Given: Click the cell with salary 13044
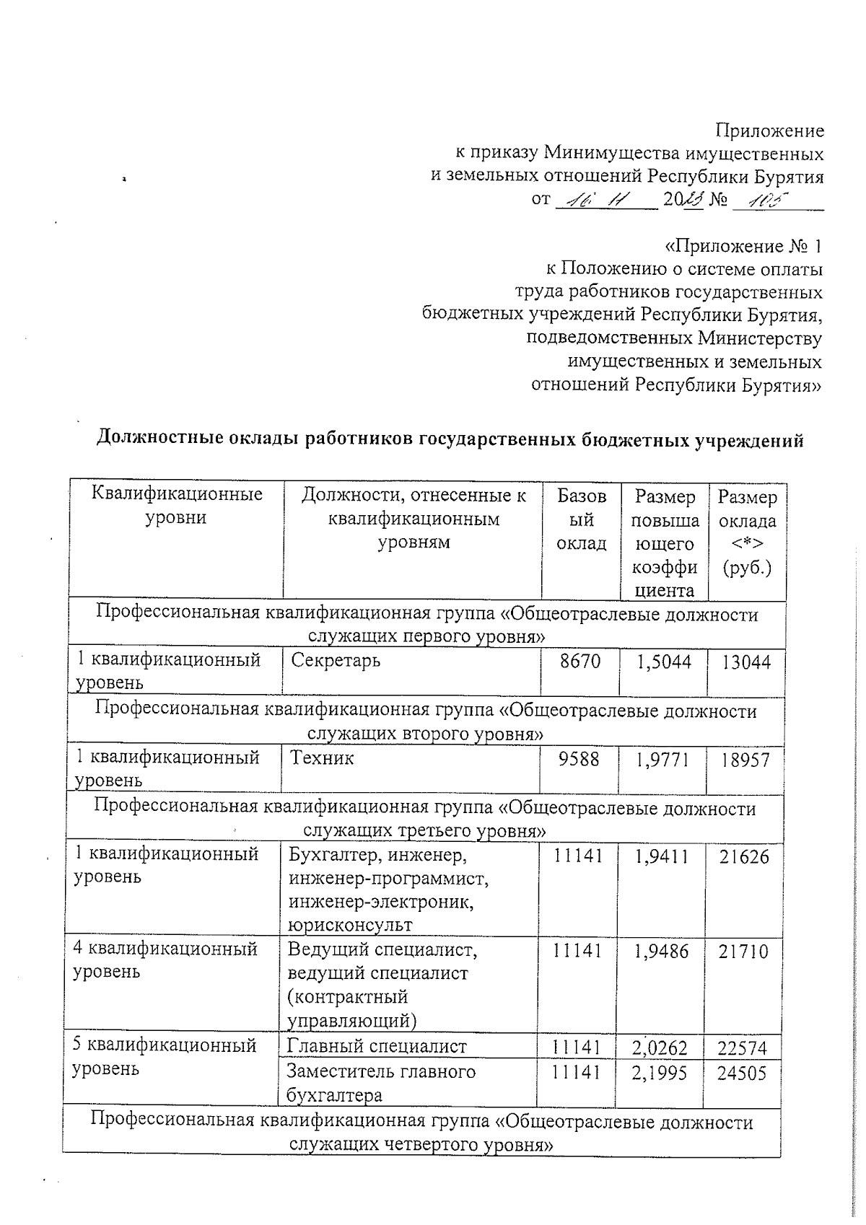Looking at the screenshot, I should [x=746, y=662].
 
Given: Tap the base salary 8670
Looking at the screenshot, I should [x=580, y=661].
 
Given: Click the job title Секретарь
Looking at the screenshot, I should [x=336, y=661].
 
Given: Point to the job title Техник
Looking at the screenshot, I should [x=322, y=758].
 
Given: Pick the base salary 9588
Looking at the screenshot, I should [x=579, y=759].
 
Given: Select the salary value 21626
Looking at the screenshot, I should [x=744, y=857].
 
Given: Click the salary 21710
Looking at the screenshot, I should [x=743, y=952].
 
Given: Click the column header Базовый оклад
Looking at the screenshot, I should [x=582, y=519].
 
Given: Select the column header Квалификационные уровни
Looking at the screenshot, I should [x=177, y=506].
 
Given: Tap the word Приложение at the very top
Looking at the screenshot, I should [x=769, y=131].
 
